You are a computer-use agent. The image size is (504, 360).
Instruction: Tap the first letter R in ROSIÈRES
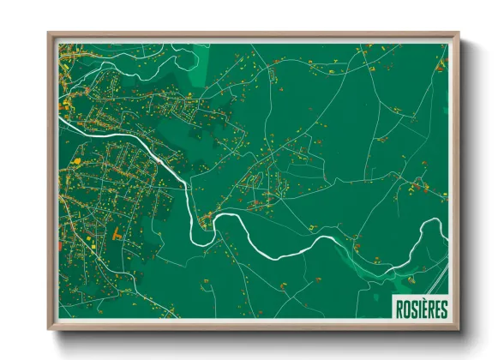398,309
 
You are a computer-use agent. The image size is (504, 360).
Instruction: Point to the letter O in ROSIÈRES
405,309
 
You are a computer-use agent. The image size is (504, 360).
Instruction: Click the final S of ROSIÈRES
443,309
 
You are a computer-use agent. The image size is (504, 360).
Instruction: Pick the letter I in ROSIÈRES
418,309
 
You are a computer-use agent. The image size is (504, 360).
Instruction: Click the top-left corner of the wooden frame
49,34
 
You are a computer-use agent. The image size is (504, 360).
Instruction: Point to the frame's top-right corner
458,34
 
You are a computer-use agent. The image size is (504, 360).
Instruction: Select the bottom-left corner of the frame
49,330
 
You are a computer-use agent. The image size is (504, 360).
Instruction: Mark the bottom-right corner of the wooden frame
458,330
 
